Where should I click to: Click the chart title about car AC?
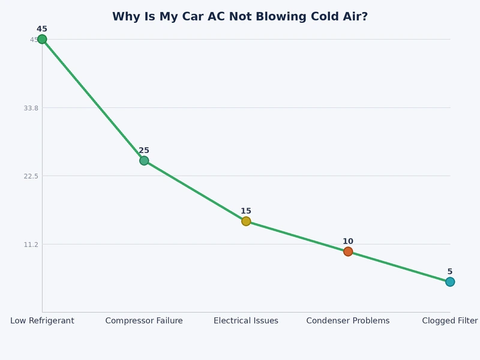tap(240, 17)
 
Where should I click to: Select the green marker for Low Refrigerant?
tap(42, 40)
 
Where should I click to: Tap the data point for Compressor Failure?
tap(144, 160)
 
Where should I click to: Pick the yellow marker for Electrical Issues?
tap(246, 221)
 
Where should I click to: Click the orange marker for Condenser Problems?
tap(348, 251)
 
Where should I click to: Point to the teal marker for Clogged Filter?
tap(450, 281)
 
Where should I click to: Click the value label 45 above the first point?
tap(42, 29)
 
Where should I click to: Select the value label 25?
tap(144, 151)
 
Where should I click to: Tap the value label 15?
tap(246, 211)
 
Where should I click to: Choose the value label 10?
tap(348, 241)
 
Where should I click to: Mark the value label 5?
tap(450, 271)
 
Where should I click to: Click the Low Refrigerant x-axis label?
tap(42, 321)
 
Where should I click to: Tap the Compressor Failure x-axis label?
tap(144, 321)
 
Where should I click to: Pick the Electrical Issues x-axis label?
tap(246, 321)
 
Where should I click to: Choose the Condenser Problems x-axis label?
tap(348, 321)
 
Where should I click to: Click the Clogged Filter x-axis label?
tap(450, 321)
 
